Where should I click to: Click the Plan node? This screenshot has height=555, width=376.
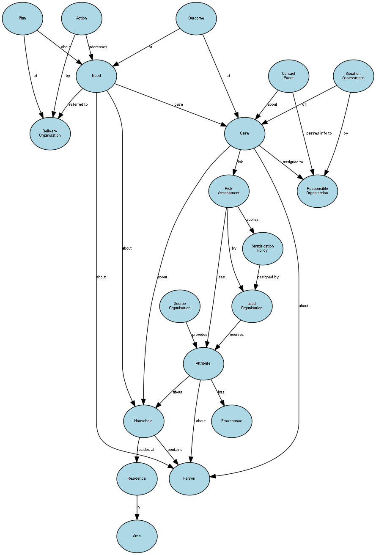(22, 19)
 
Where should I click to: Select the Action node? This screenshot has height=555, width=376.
(82, 19)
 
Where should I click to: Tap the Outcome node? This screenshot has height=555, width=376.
(196, 19)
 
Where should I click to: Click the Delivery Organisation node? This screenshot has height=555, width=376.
(50, 133)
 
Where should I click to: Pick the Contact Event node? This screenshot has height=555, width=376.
(288, 76)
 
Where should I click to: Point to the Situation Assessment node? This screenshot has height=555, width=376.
(353, 76)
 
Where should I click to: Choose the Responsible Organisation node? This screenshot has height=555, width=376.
(317, 191)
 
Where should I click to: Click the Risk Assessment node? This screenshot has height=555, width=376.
(229, 191)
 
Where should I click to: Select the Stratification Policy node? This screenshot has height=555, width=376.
(263, 248)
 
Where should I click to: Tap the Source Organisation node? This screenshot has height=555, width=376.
(180, 306)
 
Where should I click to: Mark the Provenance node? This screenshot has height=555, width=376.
(232, 421)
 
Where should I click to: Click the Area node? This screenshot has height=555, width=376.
(137, 536)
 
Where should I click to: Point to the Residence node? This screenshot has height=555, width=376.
(137, 478)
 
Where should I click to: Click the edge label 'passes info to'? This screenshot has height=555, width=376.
(319, 133)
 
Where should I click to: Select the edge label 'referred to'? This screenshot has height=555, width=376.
(78, 104)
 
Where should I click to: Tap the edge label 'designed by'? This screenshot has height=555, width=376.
(268, 277)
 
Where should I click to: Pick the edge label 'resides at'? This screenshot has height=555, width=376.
(145, 450)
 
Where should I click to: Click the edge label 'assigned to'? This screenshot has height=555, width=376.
(293, 162)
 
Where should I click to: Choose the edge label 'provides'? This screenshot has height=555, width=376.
(200, 335)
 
